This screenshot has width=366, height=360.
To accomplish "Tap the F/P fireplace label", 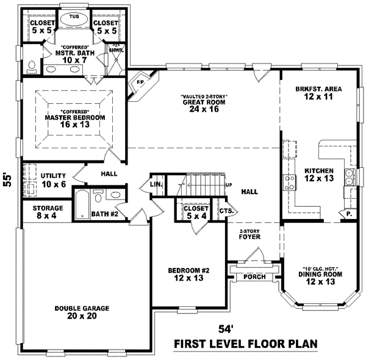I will click(139, 81).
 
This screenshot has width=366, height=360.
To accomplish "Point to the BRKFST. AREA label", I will click(317, 89).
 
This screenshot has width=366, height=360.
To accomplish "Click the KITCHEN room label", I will click(319, 170).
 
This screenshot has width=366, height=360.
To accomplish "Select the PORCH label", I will click(254, 276).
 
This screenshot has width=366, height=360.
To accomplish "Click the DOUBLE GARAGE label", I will click(81, 308).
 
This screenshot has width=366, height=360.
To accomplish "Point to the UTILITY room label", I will click(53, 176).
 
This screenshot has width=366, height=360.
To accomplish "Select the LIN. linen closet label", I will click(156, 184).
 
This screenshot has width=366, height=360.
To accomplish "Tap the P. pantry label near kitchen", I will click(348, 215).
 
